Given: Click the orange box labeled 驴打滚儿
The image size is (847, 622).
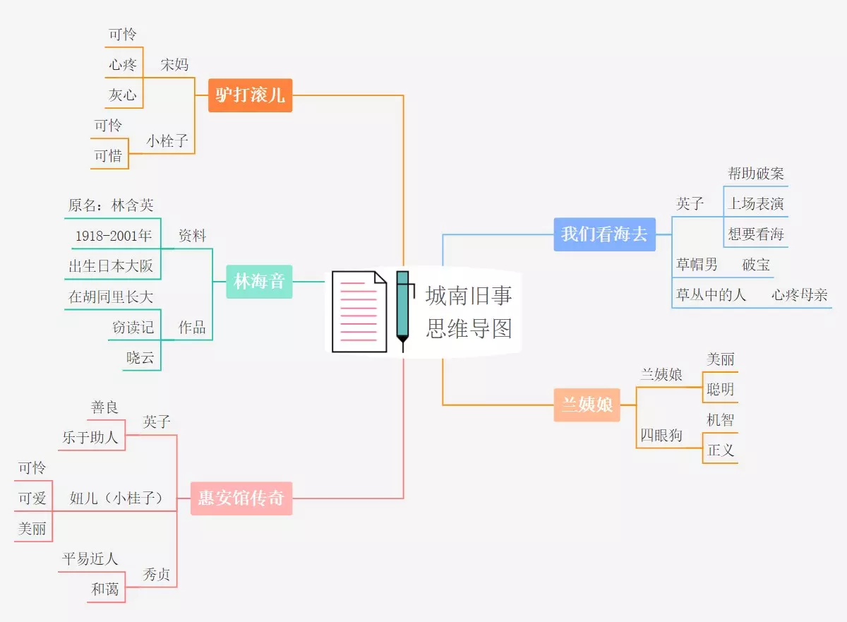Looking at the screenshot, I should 250,95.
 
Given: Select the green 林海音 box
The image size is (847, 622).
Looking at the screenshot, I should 259,282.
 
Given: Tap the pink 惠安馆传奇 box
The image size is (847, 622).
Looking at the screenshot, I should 241,498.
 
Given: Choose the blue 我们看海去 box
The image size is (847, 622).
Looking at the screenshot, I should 604,234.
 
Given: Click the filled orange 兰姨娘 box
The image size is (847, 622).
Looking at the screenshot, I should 587,405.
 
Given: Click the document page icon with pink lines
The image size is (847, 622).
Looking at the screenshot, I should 359,311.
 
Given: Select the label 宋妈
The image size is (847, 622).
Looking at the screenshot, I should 174,65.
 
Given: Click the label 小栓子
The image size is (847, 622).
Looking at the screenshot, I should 167,141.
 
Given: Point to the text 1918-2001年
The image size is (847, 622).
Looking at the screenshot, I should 114,236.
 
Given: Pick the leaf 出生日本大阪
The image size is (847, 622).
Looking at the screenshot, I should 111,266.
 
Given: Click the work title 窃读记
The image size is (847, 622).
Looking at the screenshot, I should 133,328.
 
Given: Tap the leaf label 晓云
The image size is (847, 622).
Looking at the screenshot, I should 140,358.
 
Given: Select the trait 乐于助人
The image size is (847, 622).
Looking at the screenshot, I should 90,438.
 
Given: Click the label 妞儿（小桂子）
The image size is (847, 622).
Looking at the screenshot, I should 116,498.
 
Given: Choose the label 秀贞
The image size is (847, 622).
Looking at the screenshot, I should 157,575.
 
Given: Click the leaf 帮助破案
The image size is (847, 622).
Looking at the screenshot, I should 756,174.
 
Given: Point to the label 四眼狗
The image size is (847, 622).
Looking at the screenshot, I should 661,436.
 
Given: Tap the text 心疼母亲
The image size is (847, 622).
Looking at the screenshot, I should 799,295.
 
